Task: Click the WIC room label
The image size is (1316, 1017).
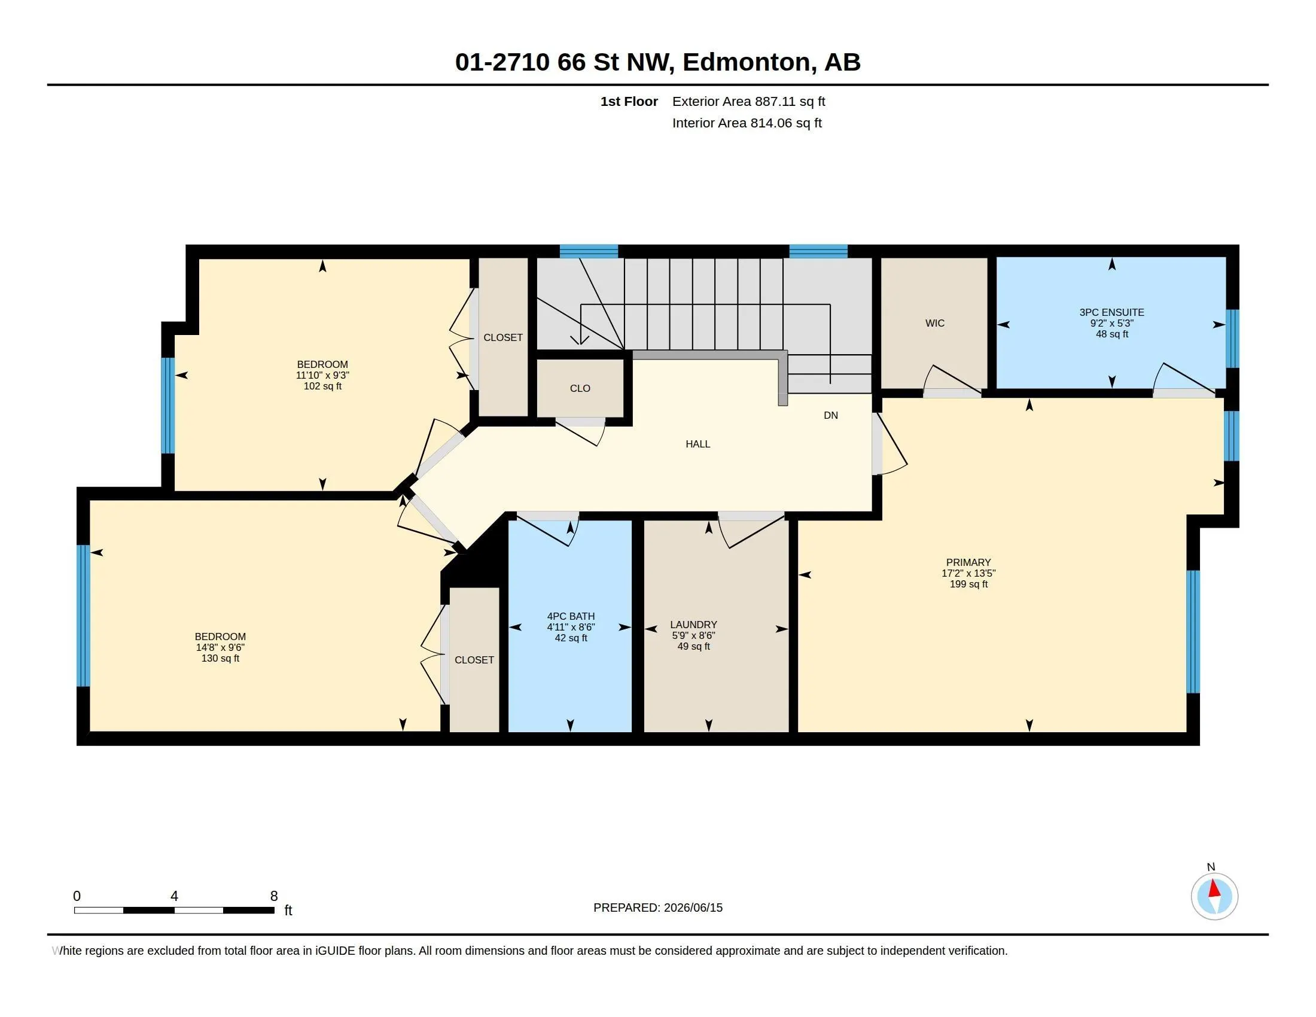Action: click(934, 323)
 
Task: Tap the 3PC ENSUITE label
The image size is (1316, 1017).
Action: click(1112, 312)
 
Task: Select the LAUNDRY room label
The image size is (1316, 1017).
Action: click(693, 625)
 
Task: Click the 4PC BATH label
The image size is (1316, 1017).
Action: click(571, 616)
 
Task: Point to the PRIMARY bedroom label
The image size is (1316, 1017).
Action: click(968, 562)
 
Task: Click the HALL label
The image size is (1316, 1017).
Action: click(697, 444)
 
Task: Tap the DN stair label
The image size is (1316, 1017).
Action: click(831, 415)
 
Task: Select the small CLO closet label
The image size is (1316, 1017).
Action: click(580, 389)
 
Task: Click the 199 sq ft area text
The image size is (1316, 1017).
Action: click(968, 584)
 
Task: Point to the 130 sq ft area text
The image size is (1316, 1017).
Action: click(220, 659)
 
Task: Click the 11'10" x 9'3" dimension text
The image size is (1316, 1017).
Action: click(322, 374)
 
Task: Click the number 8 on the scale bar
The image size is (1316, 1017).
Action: click(274, 896)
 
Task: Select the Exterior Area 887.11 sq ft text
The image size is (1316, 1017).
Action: click(748, 101)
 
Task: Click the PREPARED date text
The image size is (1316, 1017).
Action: click(658, 908)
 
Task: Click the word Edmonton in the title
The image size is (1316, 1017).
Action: click(747, 62)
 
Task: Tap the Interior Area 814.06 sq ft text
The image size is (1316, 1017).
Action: click(747, 123)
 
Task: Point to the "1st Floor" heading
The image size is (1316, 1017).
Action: click(629, 101)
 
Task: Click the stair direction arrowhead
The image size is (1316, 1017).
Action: click(580, 340)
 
